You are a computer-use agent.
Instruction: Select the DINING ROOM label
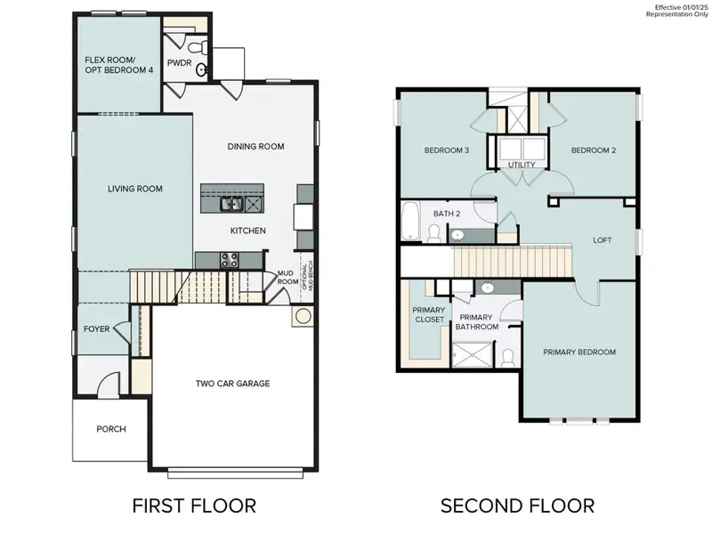255,146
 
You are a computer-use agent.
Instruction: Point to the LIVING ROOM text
133,188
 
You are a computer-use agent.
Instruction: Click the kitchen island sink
232,204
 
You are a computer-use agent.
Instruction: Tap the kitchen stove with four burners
228,260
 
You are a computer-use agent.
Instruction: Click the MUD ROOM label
286,278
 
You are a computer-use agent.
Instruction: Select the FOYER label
96,328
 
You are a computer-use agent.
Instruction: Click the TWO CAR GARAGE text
232,384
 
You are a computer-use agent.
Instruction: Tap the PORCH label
111,429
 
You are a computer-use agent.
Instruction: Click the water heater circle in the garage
303,316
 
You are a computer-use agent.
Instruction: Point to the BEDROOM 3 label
447,150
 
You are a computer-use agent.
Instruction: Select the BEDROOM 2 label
593,150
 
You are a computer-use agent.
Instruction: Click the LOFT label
603,240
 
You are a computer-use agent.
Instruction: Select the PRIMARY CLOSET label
428,314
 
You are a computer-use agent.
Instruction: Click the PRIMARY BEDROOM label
579,352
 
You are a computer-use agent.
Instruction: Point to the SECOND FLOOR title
517,506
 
